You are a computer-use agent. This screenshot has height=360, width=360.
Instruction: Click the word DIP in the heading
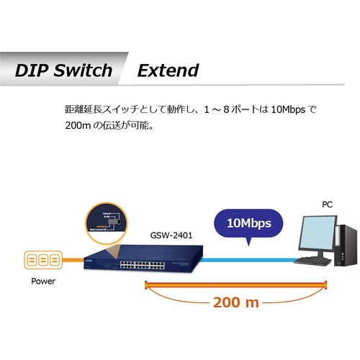tap(32, 71)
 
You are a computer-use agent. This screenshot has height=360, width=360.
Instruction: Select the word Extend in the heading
tap(168, 71)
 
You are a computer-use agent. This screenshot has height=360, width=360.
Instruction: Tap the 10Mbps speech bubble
tap(249, 222)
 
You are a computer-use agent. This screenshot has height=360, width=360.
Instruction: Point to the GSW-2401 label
tap(171, 235)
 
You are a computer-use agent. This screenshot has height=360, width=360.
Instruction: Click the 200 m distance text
tap(235, 302)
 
